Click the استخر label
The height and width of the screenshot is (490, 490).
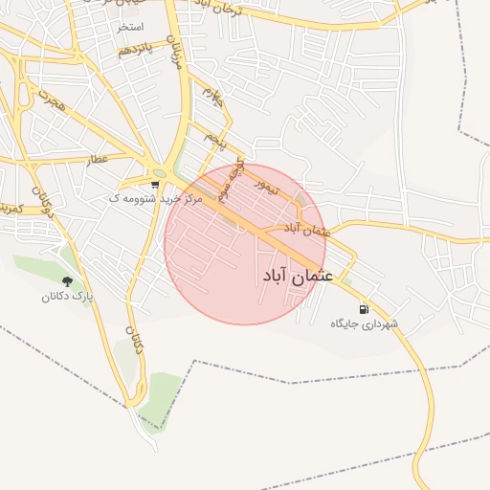click(x=129, y=27)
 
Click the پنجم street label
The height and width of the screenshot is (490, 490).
click(x=217, y=140)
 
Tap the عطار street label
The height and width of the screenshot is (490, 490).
click(x=99, y=159)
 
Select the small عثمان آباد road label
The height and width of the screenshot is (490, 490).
click(x=306, y=230)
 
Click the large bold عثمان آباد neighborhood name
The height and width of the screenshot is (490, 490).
click(x=297, y=276)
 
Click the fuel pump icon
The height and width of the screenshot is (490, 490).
click(x=364, y=309)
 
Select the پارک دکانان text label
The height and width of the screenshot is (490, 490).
click(x=67, y=297)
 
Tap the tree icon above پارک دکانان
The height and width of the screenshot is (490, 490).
click(x=66, y=281)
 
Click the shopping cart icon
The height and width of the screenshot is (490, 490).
click(x=155, y=183)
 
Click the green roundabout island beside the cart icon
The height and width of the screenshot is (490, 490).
click(x=159, y=173)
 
